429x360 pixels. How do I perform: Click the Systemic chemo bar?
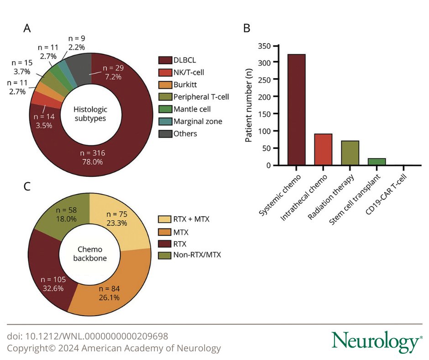297,110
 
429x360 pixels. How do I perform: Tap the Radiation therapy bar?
351,153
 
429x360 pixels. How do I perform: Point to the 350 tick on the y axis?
275,46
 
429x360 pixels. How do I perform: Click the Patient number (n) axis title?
250,105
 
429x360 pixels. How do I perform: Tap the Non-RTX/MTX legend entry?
192,254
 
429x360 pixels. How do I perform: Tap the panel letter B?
246,29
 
